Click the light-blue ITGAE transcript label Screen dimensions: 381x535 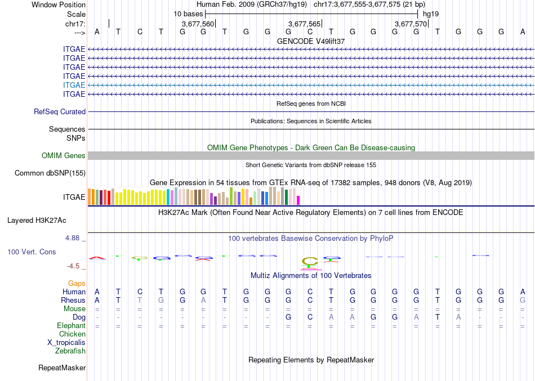(74, 85)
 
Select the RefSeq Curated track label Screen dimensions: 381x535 (60, 112)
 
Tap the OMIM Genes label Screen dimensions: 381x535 (64, 156)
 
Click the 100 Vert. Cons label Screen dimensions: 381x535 (32, 252)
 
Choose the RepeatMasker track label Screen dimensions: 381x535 (62, 368)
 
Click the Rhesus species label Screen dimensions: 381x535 (73, 301)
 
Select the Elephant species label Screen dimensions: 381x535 (72, 326)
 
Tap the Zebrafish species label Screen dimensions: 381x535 (70, 351)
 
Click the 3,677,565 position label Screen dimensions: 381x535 (304, 24)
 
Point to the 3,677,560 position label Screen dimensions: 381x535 (198, 24)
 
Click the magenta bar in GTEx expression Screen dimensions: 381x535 (298, 200)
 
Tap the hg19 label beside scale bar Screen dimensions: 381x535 (431, 14)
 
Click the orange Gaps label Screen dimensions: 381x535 (77, 284)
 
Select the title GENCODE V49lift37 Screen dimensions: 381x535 (311, 42)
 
